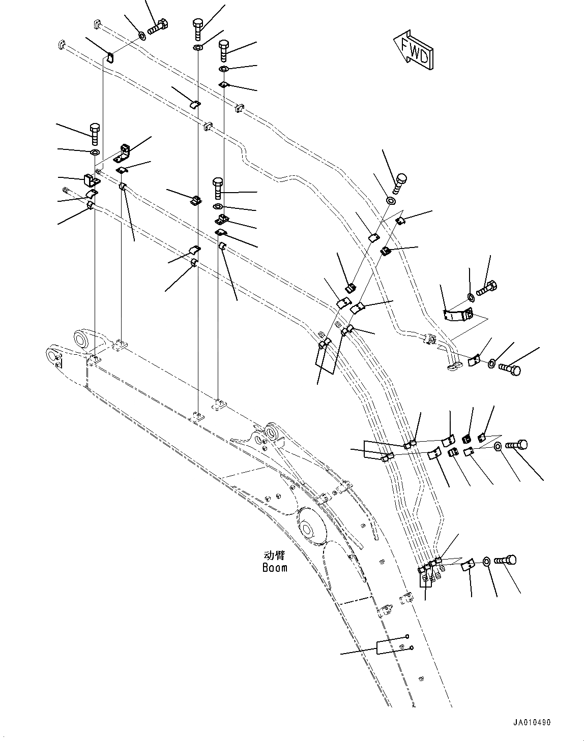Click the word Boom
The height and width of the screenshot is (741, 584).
275,568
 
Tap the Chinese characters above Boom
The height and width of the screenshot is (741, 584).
275,555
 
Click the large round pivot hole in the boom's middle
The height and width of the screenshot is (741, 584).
308,529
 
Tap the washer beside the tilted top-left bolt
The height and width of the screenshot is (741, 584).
141,35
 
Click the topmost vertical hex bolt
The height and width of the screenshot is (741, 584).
198,27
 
